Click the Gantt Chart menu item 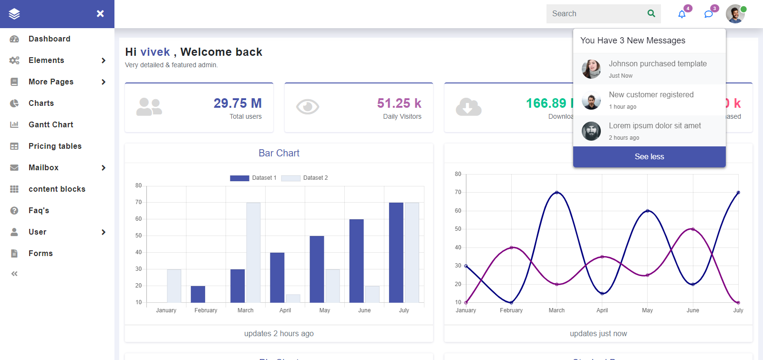pos(51,124)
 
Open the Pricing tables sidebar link pos(55,146)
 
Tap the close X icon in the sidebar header pos(100,13)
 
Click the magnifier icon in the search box pos(651,13)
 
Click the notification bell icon pos(682,14)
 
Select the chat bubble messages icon pos(709,14)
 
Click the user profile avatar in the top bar pos(735,14)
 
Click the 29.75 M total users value pos(237,103)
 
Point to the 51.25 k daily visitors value pos(399,103)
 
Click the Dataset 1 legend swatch pos(239,178)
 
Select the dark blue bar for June pos(356,260)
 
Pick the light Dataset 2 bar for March pos(253,252)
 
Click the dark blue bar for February pos(198,294)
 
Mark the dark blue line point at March pos(557,193)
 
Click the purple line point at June pos(693,229)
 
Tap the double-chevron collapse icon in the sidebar pos(14,274)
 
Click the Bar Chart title pos(279,153)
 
